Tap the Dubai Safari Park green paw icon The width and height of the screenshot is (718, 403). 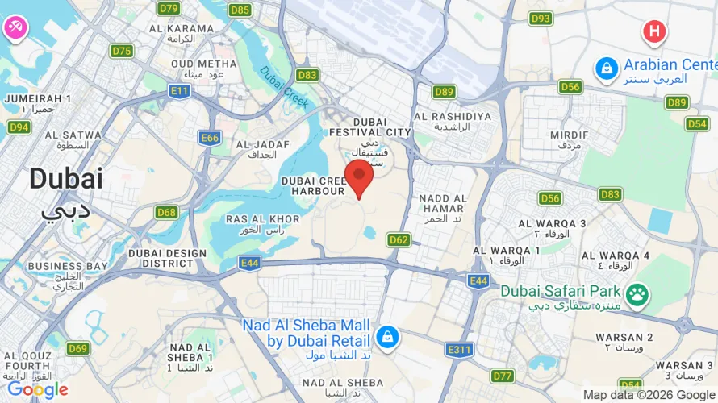coord(637,295)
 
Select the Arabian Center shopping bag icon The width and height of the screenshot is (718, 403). coord(605,69)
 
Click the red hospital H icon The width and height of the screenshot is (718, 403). coord(654,32)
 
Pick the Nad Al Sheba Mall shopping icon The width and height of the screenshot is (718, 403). coord(387,337)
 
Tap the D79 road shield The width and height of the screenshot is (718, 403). coord(169,9)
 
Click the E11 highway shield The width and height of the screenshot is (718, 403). coord(180,91)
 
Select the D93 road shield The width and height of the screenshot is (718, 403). coord(541,19)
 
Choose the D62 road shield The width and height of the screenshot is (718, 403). coord(399,239)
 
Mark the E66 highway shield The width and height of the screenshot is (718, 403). coord(210,138)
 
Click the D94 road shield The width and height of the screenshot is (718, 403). coord(19,127)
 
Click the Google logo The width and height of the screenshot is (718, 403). coord(37,390)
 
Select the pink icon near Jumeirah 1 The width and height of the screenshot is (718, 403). coord(15,27)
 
